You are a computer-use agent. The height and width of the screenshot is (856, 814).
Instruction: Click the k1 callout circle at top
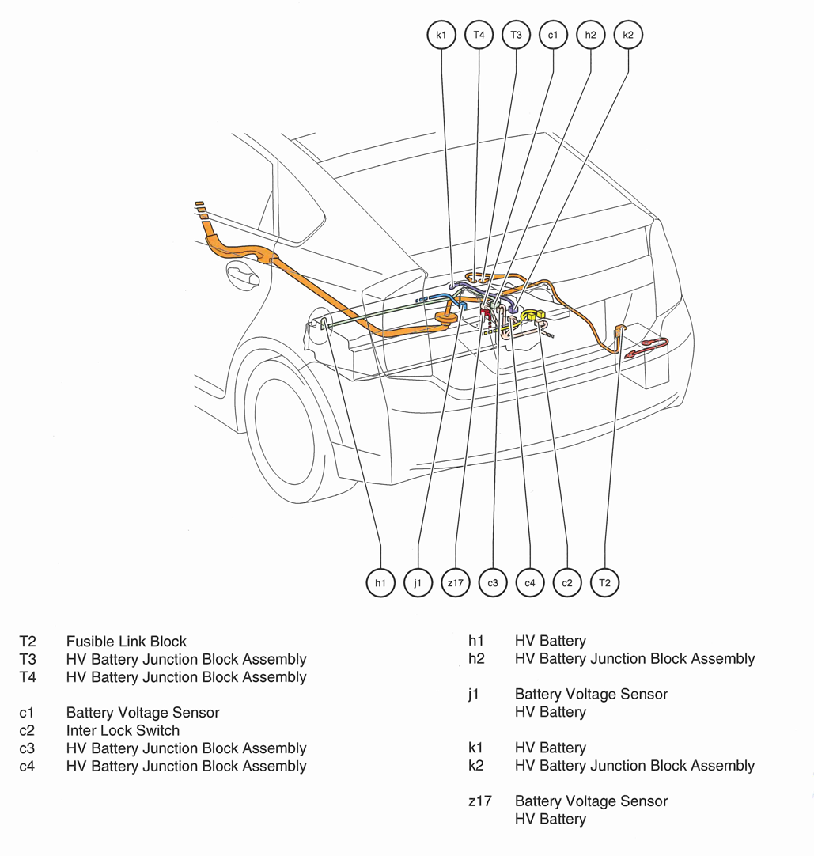pyautogui.click(x=441, y=35)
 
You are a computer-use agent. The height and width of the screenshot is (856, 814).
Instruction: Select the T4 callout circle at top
pyautogui.click(x=479, y=35)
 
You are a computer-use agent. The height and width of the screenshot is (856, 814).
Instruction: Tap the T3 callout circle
pyautogui.click(x=516, y=35)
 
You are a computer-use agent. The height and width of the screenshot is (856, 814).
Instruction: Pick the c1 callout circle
pyautogui.click(x=553, y=35)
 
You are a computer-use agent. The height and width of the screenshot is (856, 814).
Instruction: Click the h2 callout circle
pyautogui.click(x=591, y=35)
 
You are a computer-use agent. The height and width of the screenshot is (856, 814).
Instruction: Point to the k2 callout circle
pyautogui.click(x=628, y=35)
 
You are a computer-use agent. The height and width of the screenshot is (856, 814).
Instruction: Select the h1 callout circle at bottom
pyautogui.click(x=380, y=583)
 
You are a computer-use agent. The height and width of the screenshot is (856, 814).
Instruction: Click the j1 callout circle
pyautogui.click(x=418, y=583)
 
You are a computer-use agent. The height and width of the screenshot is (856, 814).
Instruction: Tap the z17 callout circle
pyautogui.click(x=456, y=583)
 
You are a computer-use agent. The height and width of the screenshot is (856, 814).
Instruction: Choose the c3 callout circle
pyautogui.click(x=493, y=583)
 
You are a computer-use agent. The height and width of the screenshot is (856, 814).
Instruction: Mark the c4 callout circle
pyautogui.click(x=530, y=583)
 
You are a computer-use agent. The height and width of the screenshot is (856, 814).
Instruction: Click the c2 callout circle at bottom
pyautogui.click(x=567, y=583)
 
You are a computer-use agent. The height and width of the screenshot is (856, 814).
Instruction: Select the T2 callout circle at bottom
pyautogui.click(x=605, y=583)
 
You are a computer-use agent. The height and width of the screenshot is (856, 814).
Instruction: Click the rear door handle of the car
pyautogui.click(x=242, y=276)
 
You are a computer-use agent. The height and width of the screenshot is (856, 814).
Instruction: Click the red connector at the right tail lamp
pyautogui.click(x=648, y=348)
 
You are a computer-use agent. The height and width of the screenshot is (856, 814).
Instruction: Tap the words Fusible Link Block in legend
pyautogui.click(x=127, y=642)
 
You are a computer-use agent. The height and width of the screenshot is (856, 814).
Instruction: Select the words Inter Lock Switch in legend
pyautogui.click(x=123, y=730)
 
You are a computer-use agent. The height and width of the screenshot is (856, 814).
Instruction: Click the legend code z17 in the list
pyautogui.click(x=479, y=801)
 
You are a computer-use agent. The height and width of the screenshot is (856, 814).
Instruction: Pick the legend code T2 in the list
pyautogui.click(x=28, y=642)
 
